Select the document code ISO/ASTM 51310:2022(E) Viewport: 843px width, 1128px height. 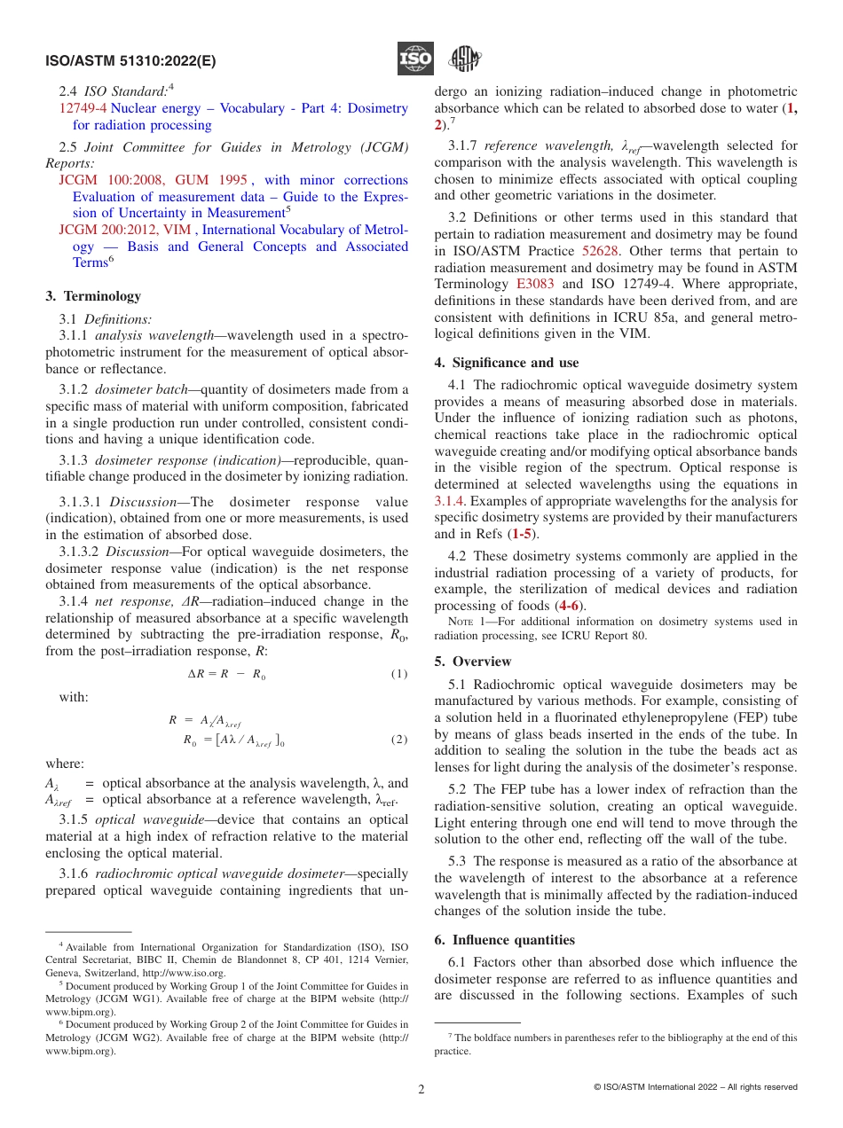[130, 62]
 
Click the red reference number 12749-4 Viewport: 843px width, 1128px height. [83, 108]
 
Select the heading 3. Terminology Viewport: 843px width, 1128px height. [93, 296]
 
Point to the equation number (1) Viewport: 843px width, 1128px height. [399, 673]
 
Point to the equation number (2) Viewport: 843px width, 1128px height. [399, 739]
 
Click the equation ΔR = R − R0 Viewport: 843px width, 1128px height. [226, 674]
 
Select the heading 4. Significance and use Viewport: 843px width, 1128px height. [506, 363]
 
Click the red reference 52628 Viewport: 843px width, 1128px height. [600, 251]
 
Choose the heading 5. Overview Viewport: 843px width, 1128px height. [473, 662]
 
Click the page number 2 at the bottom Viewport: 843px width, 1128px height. [421, 1089]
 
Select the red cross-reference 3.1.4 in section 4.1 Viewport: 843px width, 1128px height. [450, 502]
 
